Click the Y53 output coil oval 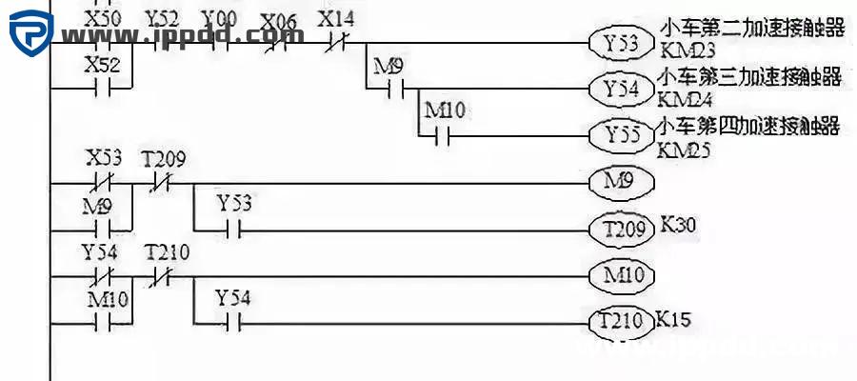(619, 43)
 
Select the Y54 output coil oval (619, 90)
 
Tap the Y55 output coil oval (619, 135)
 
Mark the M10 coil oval (619, 276)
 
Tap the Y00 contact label (221, 18)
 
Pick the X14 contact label (337, 18)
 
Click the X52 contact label (102, 65)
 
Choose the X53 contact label (102, 158)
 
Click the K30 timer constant (678, 227)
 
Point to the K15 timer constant (674, 319)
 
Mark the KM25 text (683, 149)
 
